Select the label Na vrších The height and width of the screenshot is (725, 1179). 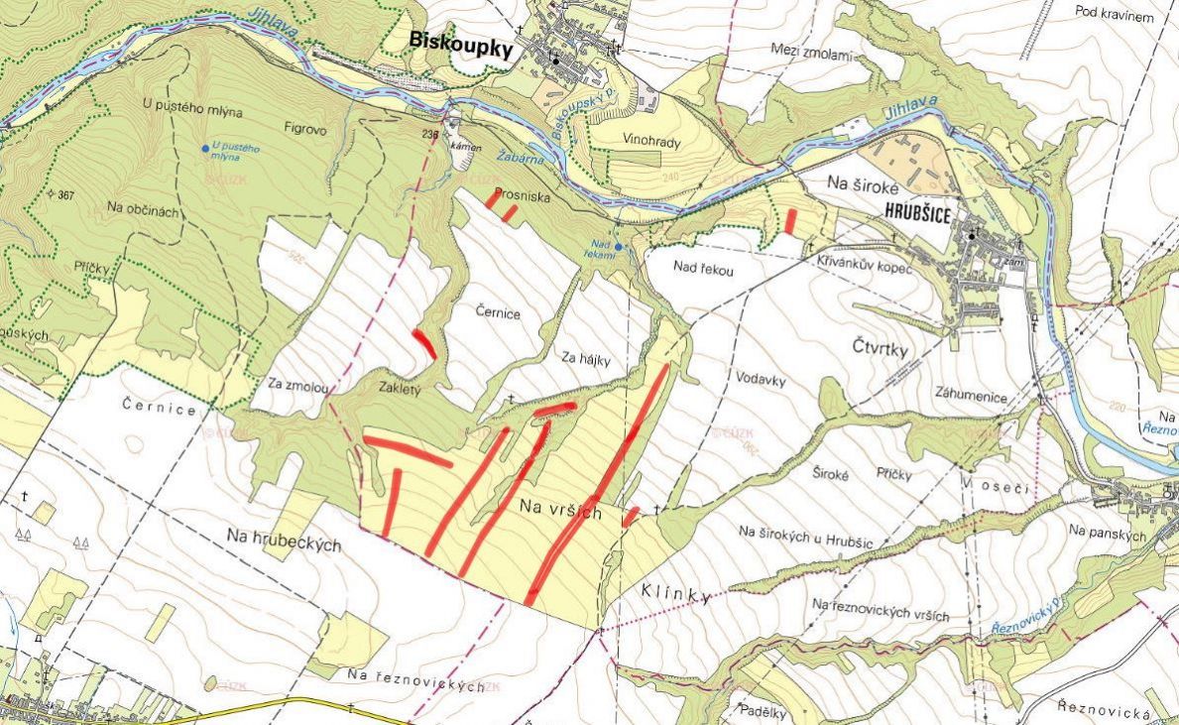tap(561, 509)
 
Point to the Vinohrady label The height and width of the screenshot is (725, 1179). tap(651, 142)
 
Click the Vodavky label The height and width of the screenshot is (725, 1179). tap(762, 377)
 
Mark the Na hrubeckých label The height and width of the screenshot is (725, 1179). tap(284, 540)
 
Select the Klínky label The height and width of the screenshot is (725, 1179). tap(676, 595)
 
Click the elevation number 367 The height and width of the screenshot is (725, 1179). tap(66, 194)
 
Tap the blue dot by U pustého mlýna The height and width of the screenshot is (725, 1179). tap(205, 149)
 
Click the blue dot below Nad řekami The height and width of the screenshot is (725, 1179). tap(618, 246)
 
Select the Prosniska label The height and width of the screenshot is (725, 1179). tap(523, 195)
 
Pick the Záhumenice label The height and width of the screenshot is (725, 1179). tap(971, 397)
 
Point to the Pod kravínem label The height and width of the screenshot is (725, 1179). tap(1115, 12)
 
